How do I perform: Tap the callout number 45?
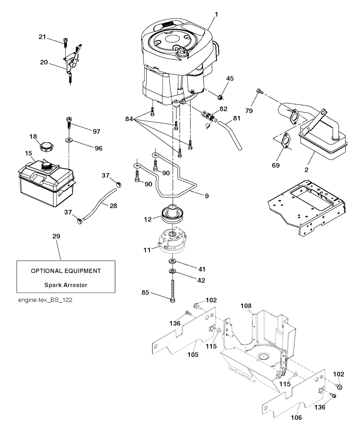coord(230,78)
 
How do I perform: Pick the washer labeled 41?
coord(172,262)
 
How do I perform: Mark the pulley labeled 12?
coord(174,214)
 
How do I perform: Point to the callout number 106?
coord(297,418)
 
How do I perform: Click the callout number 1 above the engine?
coord(217,14)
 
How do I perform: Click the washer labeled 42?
coord(172,271)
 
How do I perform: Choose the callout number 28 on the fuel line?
coord(113,206)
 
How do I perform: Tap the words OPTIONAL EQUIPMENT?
coord(66,271)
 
